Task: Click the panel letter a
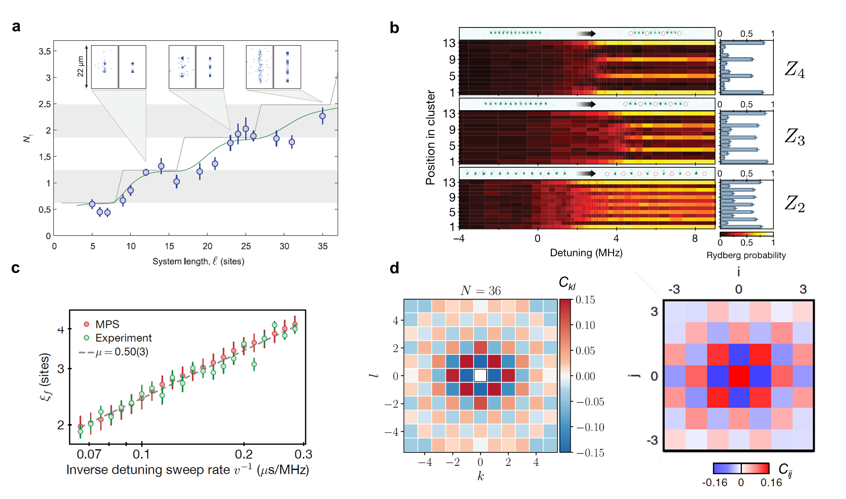tap(16, 27)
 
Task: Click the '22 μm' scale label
tap(80, 67)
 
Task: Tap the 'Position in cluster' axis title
tap(430, 137)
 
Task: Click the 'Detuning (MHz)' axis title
tap(586, 253)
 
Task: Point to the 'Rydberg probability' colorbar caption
tap(746, 255)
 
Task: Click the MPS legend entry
tap(107, 324)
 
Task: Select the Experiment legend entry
tap(123, 337)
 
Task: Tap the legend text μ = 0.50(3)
tap(122, 352)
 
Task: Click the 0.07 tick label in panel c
tap(89, 454)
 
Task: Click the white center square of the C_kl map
tap(480, 375)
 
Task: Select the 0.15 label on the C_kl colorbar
tap(585, 300)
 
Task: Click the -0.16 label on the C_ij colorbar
tap(715, 483)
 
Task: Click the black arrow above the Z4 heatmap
tap(585, 33)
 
